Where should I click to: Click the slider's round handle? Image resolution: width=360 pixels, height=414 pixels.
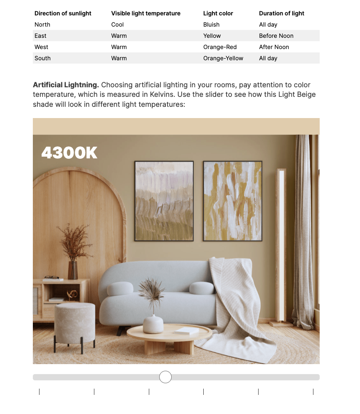pyautogui.click(x=165, y=377)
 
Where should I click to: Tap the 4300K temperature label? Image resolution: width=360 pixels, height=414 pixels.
pyautogui.click(x=69, y=153)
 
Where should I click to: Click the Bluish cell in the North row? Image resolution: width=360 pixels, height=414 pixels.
pyautogui.click(x=211, y=25)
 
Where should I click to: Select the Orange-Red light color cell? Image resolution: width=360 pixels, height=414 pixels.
pyautogui.click(x=220, y=47)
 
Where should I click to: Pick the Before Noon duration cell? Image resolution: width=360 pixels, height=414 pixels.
pyautogui.click(x=276, y=36)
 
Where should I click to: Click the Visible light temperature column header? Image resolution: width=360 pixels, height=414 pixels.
pyautogui.click(x=145, y=13)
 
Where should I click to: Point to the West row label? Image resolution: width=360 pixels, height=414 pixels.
pyautogui.click(x=41, y=47)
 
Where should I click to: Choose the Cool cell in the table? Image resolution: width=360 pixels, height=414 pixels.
pyautogui.click(x=117, y=25)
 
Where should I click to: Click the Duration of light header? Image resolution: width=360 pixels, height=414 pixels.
pyautogui.click(x=281, y=13)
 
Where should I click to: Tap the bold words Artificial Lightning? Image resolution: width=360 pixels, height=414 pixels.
pyautogui.click(x=66, y=85)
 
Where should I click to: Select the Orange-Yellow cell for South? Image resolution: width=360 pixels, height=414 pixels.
pyautogui.click(x=223, y=58)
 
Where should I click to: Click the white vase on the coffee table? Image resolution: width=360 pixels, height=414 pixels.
pyautogui.click(x=153, y=324)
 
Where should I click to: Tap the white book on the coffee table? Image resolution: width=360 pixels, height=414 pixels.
pyautogui.click(x=186, y=330)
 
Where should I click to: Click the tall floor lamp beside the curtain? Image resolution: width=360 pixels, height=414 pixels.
pyautogui.click(x=281, y=245)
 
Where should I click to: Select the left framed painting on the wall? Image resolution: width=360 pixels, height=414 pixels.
pyautogui.click(x=164, y=201)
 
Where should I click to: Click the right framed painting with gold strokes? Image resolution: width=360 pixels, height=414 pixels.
pyautogui.click(x=232, y=201)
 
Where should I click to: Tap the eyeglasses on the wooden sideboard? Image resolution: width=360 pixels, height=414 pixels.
pyautogui.click(x=52, y=277)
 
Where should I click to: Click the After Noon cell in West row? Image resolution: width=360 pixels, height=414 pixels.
pyautogui.click(x=274, y=47)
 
